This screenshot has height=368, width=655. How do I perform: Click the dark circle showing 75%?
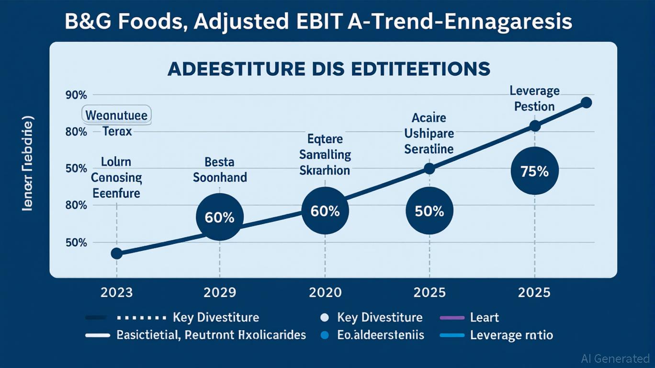click(535, 171)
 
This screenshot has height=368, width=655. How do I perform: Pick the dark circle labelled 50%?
click(429, 211)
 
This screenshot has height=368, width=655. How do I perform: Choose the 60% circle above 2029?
click(220, 217)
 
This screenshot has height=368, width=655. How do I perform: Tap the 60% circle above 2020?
click(325, 211)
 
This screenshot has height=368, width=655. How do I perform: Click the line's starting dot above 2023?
click(116, 253)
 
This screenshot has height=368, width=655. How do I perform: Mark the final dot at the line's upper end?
click(586, 103)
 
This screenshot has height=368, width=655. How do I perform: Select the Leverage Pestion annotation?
click(534, 98)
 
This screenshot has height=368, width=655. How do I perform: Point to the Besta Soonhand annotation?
click(220, 169)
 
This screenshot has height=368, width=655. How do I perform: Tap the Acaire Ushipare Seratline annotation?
click(429, 133)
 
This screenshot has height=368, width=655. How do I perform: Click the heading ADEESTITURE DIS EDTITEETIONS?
click(328, 69)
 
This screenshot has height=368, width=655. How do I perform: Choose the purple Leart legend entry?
click(485, 317)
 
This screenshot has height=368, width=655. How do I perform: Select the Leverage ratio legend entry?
click(511, 335)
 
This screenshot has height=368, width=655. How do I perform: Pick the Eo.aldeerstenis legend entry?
click(380, 335)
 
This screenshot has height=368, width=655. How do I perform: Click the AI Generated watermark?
click(615, 358)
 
